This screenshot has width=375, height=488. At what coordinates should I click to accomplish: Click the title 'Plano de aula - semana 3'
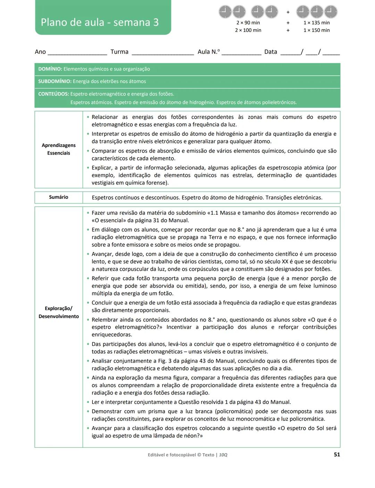click(100, 22)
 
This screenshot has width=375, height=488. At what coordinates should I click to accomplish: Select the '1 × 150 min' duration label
click(316, 30)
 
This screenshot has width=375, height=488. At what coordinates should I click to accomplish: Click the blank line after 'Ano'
click(77, 53)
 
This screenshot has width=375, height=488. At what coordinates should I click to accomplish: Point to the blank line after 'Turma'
click(162, 53)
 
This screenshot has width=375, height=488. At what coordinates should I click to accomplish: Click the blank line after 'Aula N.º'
click(241, 53)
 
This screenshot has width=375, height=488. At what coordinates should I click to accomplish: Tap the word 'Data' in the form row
click(270, 52)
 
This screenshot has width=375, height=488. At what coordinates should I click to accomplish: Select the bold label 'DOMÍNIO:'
click(50, 69)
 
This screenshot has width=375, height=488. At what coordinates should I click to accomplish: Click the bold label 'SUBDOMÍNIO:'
click(55, 82)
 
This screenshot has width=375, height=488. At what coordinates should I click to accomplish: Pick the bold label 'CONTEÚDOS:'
click(53, 94)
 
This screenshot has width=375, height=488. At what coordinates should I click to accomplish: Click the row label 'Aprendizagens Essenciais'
click(59, 149)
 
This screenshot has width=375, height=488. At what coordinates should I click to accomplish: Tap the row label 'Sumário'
click(59, 197)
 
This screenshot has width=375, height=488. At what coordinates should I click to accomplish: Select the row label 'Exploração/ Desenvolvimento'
click(59, 312)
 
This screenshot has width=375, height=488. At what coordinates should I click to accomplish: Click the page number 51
click(336, 455)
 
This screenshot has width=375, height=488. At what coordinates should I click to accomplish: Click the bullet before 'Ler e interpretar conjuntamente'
click(88, 402)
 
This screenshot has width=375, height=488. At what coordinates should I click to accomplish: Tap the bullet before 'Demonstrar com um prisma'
click(88, 412)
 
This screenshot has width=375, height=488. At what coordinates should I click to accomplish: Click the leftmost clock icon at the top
click(225, 12)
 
